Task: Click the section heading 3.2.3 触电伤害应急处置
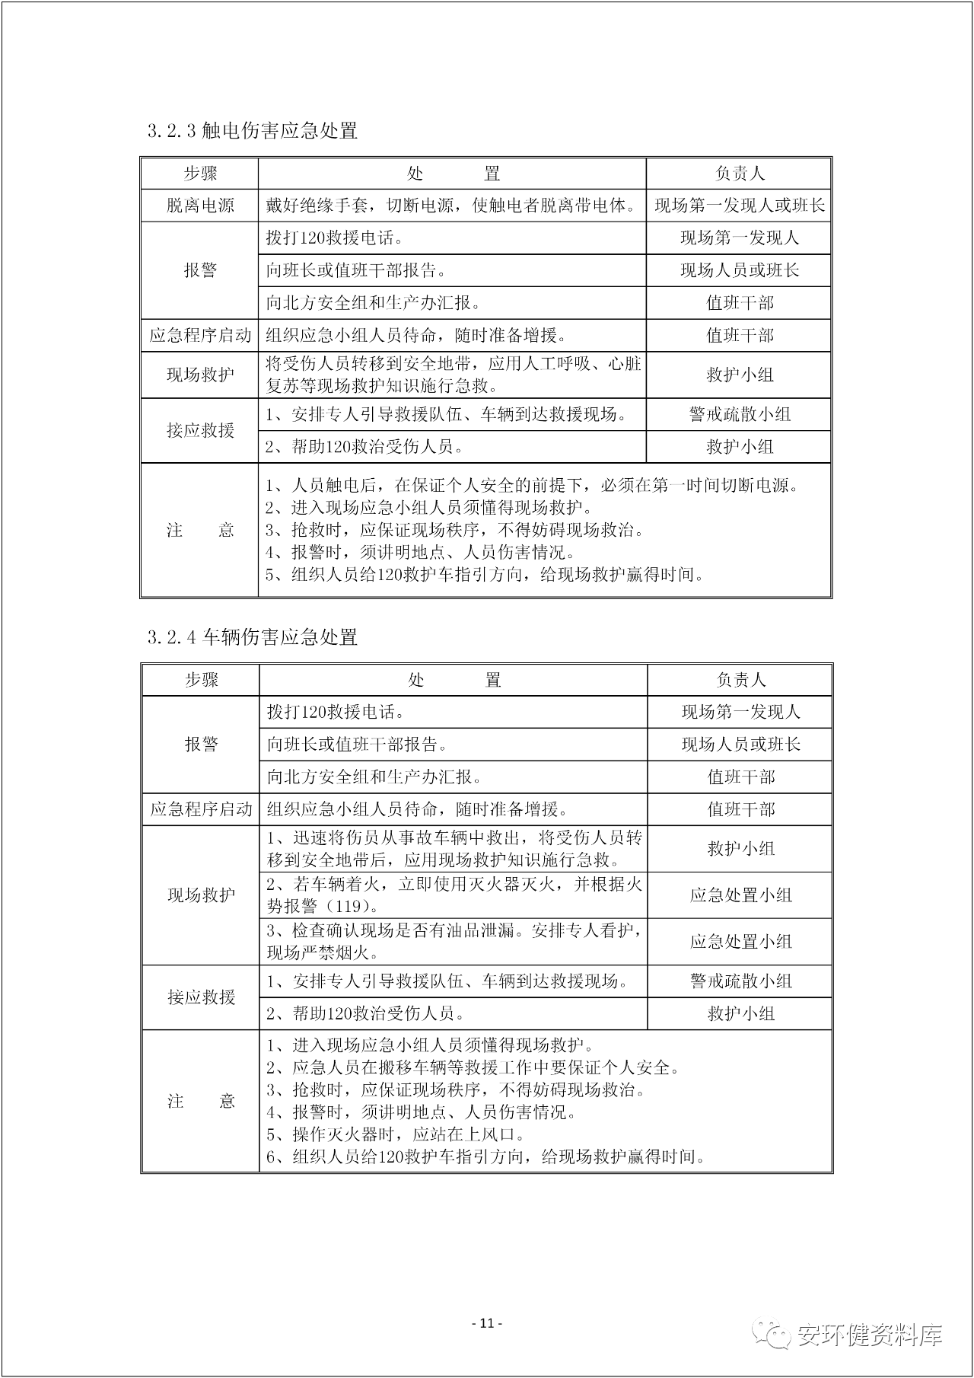[x=253, y=131]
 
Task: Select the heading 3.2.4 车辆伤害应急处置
[x=253, y=637]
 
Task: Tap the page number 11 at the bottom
[x=487, y=1323]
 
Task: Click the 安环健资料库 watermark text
[x=870, y=1335]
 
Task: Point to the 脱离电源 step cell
[x=200, y=206]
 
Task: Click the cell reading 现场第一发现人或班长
[x=739, y=206]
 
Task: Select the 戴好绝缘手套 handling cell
[x=452, y=206]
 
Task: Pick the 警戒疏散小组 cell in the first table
[x=739, y=414]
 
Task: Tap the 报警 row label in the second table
[x=201, y=745]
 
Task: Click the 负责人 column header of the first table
[x=739, y=174]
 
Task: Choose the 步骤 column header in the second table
[x=201, y=680]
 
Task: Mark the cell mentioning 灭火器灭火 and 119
[x=454, y=895]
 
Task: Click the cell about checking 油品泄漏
[x=454, y=942]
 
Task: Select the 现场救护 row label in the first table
[x=200, y=375]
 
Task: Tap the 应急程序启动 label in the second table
[x=201, y=809]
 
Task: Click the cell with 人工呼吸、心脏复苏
[x=452, y=375]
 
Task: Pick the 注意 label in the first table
[x=200, y=531]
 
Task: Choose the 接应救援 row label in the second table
[x=201, y=997]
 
